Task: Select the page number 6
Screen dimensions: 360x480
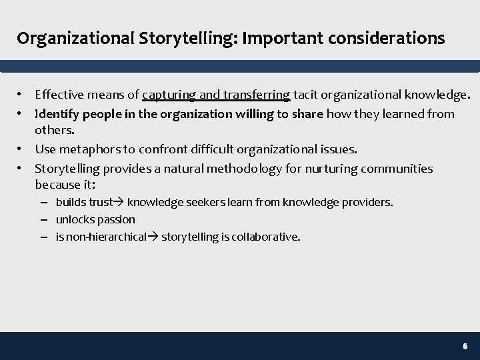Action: (x=465, y=347)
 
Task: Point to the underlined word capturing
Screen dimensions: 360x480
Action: (x=169, y=95)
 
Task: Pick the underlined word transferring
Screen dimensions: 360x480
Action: (x=256, y=95)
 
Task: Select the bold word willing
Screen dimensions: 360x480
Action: (x=254, y=114)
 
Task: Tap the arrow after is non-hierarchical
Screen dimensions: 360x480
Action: (x=153, y=237)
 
